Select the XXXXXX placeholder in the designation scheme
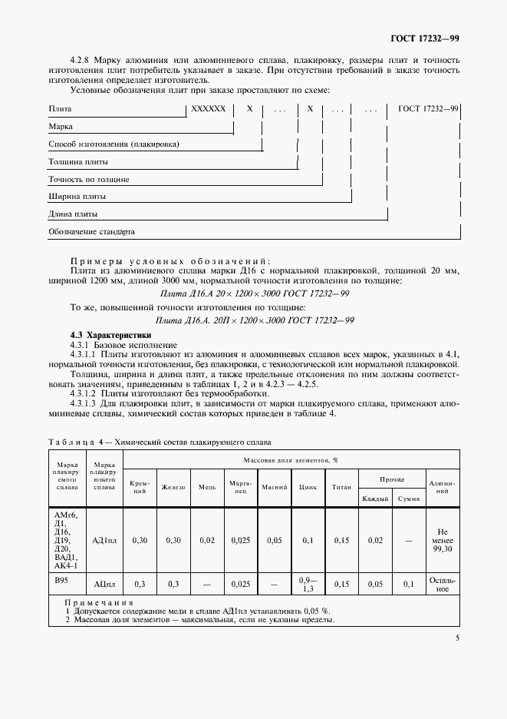(x=208, y=109)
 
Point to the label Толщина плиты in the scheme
(x=78, y=162)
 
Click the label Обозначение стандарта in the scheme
(x=91, y=230)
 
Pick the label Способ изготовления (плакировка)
(x=114, y=144)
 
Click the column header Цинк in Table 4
(x=308, y=487)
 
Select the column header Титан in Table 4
(x=341, y=487)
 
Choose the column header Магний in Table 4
(x=274, y=487)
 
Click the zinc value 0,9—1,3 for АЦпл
(x=308, y=585)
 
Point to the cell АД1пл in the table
(x=104, y=540)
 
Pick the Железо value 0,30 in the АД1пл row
(x=173, y=540)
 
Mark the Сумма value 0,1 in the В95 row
(x=409, y=585)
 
